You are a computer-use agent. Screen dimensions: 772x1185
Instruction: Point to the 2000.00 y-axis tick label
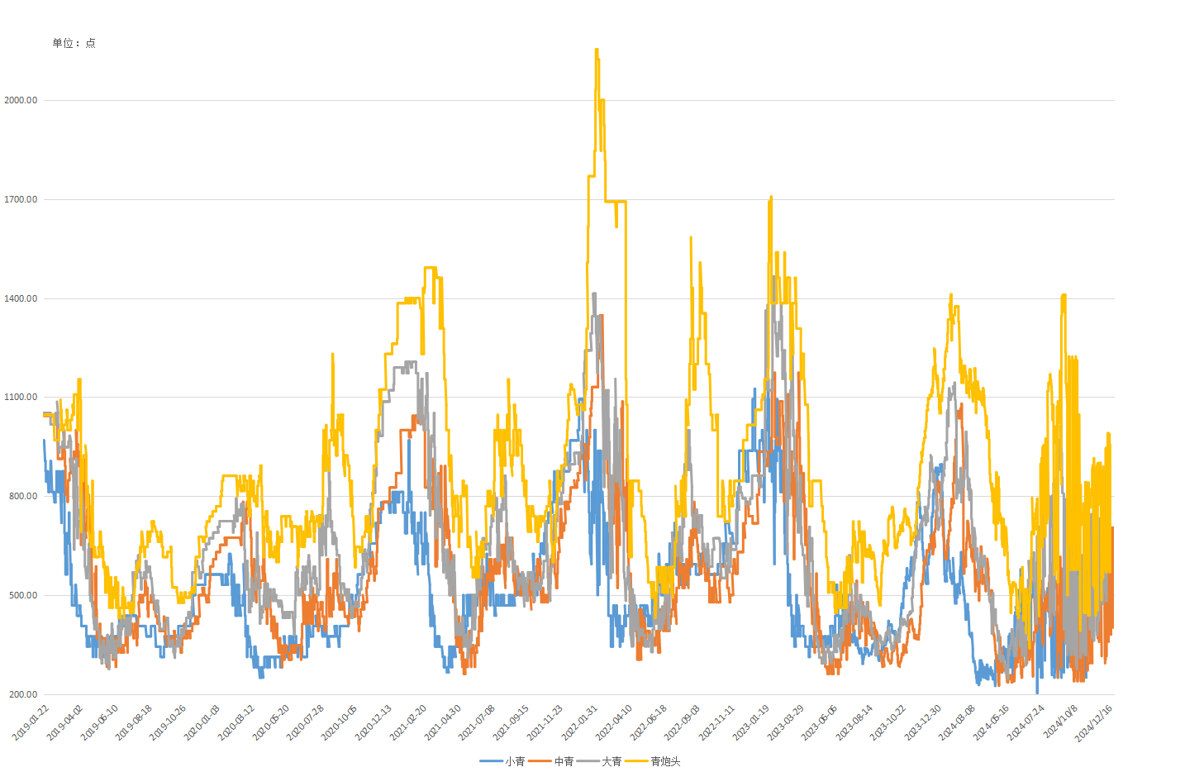click(21, 100)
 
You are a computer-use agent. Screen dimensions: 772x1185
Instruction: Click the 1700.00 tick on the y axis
click(21, 199)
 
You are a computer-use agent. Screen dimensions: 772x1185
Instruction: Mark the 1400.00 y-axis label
click(21, 298)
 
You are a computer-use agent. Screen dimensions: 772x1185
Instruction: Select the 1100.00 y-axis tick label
click(21, 397)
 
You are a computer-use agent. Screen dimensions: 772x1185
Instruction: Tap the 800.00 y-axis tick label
click(22, 496)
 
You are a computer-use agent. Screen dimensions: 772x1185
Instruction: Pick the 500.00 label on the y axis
click(22, 595)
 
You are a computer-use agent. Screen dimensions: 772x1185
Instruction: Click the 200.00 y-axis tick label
click(22, 694)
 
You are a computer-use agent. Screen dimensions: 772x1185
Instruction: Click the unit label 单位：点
click(74, 43)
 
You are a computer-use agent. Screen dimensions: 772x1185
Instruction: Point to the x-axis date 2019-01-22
click(31, 722)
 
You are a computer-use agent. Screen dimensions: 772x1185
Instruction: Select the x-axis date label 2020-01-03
click(202, 722)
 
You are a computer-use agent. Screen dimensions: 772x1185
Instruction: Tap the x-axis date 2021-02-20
click(408, 722)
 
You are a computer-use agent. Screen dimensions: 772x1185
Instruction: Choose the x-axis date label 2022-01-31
click(579, 722)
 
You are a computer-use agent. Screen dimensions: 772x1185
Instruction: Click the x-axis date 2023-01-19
click(750, 722)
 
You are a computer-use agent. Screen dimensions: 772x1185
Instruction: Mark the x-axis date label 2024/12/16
click(1093, 722)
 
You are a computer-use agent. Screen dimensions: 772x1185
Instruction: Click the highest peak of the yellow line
click(597, 50)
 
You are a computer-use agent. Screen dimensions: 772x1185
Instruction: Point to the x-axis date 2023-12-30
click(922, 722)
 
